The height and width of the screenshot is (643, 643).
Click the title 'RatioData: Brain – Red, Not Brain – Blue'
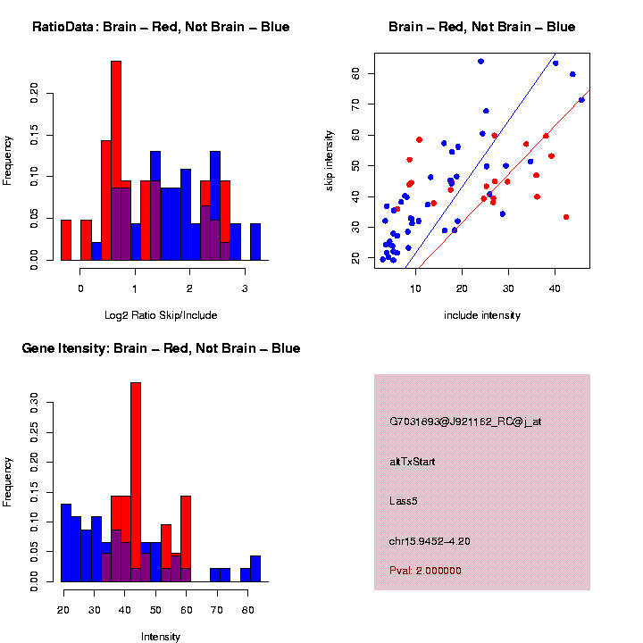(161, 27)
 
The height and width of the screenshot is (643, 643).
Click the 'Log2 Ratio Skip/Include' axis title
(161, 315)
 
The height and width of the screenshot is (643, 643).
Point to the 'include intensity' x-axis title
(482, 315)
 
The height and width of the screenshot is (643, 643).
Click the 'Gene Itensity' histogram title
(161, 348)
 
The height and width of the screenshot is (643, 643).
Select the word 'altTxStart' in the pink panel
(413, 462)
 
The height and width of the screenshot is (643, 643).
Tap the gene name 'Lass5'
(404, 501)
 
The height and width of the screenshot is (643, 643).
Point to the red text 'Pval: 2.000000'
(425, 571)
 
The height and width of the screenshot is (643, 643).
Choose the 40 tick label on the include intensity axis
(555, 288)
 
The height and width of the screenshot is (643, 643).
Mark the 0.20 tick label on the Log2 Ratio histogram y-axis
(35, 92)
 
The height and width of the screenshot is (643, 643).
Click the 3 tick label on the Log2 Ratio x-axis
(245, 288)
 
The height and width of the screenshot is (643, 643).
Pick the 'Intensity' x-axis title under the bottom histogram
(161, 637)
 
